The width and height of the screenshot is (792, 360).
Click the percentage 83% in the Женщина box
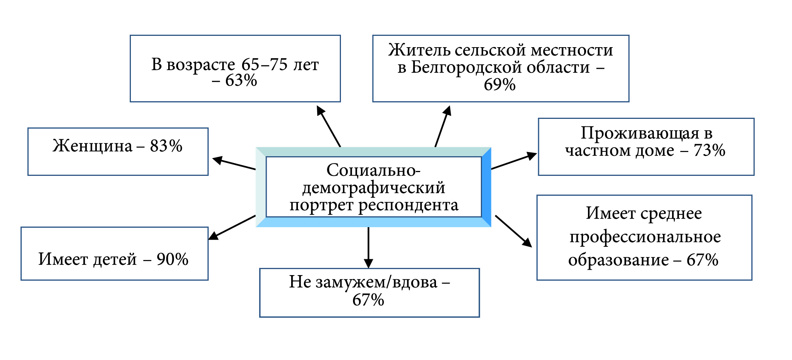coord(166,146)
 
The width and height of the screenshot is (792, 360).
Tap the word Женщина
coord(92,146)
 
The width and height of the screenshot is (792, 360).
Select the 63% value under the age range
coord(241,80)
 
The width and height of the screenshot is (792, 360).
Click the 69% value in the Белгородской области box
coord(500,85)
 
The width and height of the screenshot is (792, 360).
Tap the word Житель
coord(419,50)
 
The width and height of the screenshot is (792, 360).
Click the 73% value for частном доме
coord(709,150)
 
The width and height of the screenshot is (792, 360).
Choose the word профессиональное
coord(645,237)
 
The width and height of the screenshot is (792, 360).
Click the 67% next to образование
coord(702,260)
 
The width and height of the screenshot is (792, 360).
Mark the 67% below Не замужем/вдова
coord(368,300)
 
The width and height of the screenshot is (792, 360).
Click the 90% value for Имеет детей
coord(172,259)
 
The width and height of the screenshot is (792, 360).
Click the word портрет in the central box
coord(322,205)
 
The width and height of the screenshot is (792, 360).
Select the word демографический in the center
coord(373,188)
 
